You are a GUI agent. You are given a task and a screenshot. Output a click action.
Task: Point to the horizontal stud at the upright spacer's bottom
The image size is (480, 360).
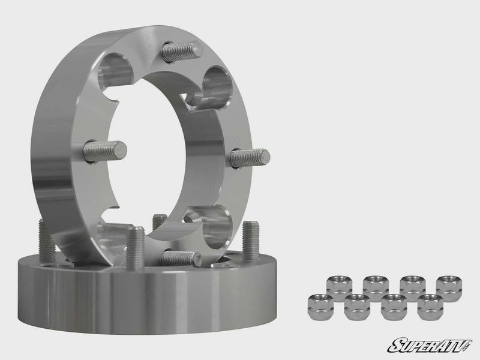point(180,258)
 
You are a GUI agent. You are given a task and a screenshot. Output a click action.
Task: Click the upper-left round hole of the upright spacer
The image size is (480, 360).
point(117,67)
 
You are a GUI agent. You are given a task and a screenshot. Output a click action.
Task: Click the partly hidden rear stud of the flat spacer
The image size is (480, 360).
point(158,222)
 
